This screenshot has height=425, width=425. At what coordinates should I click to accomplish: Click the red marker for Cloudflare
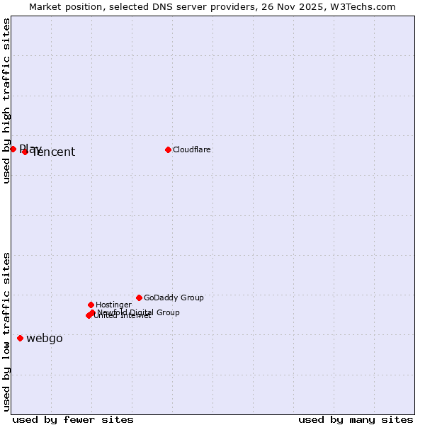pos(168,149)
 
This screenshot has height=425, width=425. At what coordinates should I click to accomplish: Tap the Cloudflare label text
pos(192,149)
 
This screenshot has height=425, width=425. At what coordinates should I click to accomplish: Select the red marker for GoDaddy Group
pos(139,297)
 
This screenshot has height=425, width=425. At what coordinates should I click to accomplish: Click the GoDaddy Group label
pos(174,297)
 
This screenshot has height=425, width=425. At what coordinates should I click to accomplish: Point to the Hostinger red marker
pos(91,305)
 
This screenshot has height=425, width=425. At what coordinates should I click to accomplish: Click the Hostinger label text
pos(113,305)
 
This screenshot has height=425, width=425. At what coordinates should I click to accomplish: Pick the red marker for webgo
pos(20,338)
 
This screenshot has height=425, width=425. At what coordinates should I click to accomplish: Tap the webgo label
pos(45,338)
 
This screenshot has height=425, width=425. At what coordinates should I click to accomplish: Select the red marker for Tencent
pos(25,152)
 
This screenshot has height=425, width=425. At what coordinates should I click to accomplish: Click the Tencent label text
pos(54,152)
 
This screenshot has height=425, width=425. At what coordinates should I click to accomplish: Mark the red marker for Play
pos(13,149)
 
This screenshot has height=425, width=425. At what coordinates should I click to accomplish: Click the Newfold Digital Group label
pos(139,312)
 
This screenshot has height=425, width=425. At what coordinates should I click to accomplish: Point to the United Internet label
pos(122,316)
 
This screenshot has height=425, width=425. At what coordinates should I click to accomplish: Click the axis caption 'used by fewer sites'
pos(73,419)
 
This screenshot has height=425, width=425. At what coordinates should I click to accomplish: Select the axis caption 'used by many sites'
pos(356,419)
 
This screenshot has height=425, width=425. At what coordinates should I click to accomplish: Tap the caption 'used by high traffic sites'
pos(6,101)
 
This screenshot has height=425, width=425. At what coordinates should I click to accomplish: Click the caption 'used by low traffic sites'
pos(6,331)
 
